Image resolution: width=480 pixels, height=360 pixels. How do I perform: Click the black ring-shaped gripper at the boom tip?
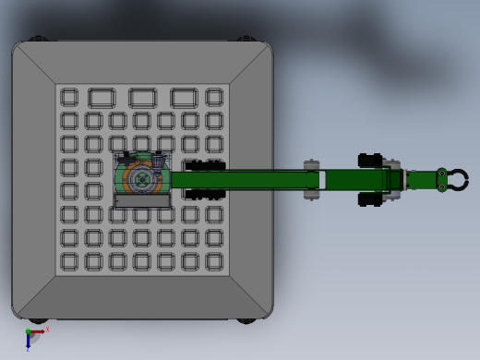pyautogui.click(x=454, y=180)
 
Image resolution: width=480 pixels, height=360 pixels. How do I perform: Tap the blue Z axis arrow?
pyautogui.click(x=29, y=342)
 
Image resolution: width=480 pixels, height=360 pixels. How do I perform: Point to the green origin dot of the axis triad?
pyautogui.click(x=29, y=331)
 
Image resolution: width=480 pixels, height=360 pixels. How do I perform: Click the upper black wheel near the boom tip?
pyautogui.click(x=370, y=161)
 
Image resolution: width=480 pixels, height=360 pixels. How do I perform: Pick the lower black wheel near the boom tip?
pyautogui.click(x=370, y=199)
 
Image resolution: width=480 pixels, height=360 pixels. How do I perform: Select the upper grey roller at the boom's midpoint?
pyautogui.click(x=312, y=166)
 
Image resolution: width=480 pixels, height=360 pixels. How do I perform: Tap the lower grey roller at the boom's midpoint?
pyautogui.click(x=312, y=194)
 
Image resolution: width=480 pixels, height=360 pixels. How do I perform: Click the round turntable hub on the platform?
pyautogui.click(x=141, y=179)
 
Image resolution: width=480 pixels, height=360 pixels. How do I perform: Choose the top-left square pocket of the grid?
pyautogui.click(x=69, y=97)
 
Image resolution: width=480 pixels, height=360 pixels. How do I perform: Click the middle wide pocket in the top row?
pyautogui.click(x=142, y=98)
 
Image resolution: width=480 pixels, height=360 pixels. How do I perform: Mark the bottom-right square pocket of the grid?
pyautogui.click(x=214, y=262)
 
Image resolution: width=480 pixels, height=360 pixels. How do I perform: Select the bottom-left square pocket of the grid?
pyautogui.click(x=69, y=262)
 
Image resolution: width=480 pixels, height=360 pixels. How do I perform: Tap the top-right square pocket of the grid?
pyautogui.click(x=214, y=97)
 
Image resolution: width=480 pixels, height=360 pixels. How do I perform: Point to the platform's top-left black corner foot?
pyautogui.click(x=37, y=40)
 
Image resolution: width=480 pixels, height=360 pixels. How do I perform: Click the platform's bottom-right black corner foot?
pyautogui.click(x=246, y=320)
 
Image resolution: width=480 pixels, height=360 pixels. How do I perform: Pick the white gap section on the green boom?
pyautogui.click(x=322, y=180)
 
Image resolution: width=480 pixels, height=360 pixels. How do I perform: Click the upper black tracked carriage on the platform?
pyautogui.click(x=205, y=165)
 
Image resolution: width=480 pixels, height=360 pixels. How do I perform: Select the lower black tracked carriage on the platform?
pyautogui.click(x=205, y=194)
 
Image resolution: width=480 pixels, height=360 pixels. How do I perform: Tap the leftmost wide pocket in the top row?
pyautogui.click(x=102, y=98)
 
